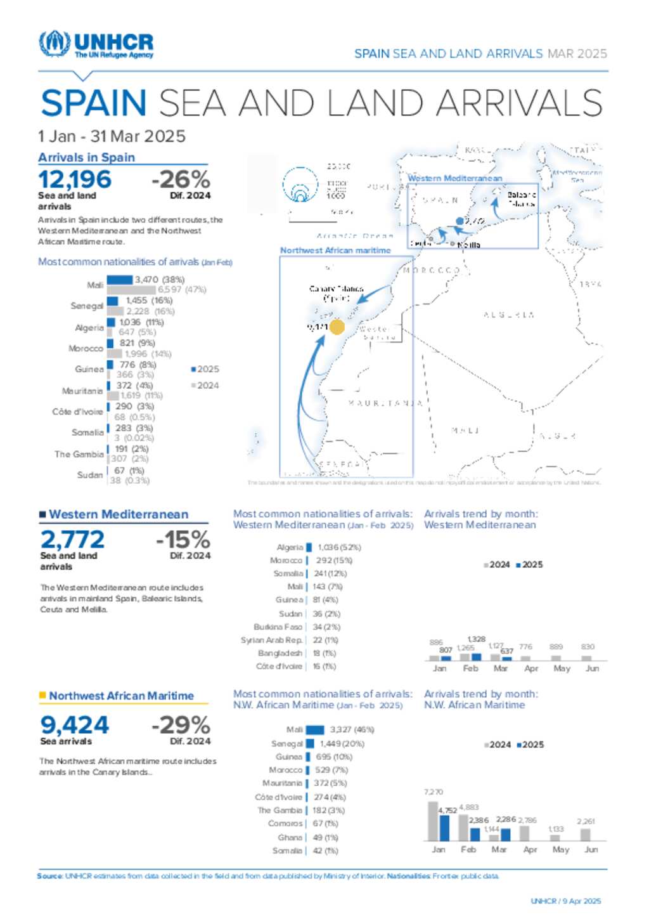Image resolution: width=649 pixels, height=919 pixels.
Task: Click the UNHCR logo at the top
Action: (96, 44)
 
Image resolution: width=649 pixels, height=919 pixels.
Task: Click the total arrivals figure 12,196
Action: (75, 179)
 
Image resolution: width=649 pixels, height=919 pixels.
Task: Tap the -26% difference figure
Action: (181, 179)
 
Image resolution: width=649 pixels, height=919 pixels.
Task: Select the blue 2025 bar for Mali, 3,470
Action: (120, 280)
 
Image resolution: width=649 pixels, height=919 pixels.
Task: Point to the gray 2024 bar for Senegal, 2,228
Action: (115, 311)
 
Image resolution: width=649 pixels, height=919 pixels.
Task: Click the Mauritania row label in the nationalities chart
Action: (82, 391)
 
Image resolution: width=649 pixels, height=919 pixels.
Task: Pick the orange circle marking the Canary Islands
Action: (337, 327)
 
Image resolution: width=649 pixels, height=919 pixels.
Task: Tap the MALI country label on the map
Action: (465, 431)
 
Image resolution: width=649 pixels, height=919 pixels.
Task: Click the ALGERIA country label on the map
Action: (509, 315)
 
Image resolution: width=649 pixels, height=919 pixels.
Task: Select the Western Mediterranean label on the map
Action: (455, 178)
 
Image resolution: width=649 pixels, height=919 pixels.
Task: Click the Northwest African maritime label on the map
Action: (335, 251)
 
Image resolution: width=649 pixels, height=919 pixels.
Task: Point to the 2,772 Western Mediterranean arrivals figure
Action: (72, 540)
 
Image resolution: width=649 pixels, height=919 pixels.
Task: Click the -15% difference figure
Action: (183, 540)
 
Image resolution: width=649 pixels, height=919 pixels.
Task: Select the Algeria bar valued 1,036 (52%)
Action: (309, 547)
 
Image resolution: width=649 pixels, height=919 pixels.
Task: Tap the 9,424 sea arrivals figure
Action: (74, 725)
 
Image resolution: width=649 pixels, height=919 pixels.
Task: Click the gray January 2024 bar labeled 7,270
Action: (433, 821)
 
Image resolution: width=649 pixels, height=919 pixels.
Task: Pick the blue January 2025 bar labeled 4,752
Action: (444, 828)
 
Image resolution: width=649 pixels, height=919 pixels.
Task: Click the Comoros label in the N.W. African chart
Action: (285, 823)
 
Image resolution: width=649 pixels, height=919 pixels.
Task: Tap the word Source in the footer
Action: (49, 876)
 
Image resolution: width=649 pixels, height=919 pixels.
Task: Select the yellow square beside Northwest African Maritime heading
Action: (42, 696)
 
